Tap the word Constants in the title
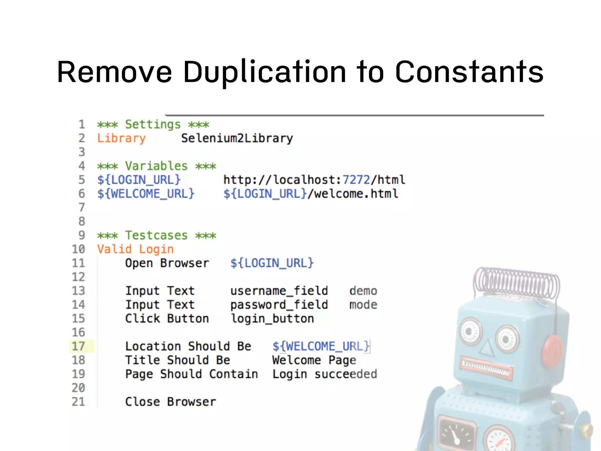tap(469, 72)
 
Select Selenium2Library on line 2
tap(237, 138)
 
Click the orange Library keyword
tap(121, 138)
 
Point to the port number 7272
tap(356, 180)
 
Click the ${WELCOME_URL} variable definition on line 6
tap(146, 194)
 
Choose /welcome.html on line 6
tap(353, 194)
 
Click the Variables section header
tap(156, 166)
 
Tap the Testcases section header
tap(156, 235)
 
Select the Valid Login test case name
tap(135, 249)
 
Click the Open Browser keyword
tap(167, 263)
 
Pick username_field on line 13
tap(279, 291)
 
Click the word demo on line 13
tap(363, 291)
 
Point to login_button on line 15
tap(272, 319)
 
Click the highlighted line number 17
tap(78, 346)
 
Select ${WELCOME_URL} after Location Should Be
tap(321, 346)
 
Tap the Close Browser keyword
tap(170, 402)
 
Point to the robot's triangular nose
tap(487, 348)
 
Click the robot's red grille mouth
tap(487, 368)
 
